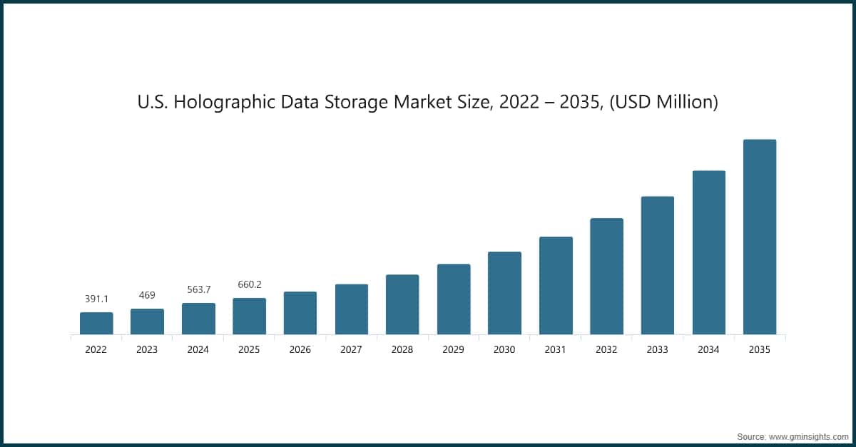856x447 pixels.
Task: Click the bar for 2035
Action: [759, 237]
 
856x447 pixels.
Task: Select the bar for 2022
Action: [96, 323]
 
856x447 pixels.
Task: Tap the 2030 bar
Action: [504, 293]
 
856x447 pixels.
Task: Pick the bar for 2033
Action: [657, 265]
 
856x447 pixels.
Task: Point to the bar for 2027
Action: [352, 309]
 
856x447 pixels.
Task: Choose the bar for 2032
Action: [606, 276]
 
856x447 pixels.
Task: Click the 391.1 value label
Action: [96, 299]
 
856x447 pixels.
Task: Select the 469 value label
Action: [147, 295]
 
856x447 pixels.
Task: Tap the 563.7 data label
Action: [198, 289]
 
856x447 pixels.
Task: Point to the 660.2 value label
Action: [249, 284]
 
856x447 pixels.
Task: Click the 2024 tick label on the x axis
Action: [198, 350]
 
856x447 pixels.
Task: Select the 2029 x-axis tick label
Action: [453, 350]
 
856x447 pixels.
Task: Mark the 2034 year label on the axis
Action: [708, 350]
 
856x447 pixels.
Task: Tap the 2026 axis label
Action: [300, 350]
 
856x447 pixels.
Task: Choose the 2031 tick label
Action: [555, 350]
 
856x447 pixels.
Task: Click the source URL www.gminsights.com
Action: [807, 436]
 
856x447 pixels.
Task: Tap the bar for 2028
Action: [402, 304]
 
